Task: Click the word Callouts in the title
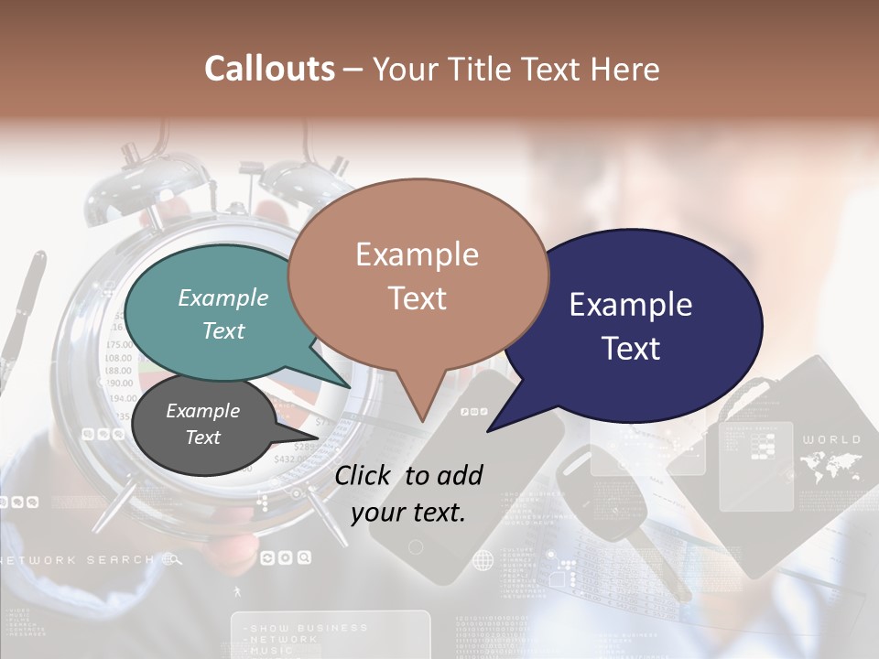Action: pyautogui.click(x=269, y=69)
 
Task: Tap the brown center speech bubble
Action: pyautogui.click(x=418, y=275)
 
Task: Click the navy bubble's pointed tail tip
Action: pyautogui.click(x=488, y=430)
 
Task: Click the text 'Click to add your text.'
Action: pyautogui.click(x=408, y=493)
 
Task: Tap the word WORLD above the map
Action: pyautogui.click(x=831, y=440)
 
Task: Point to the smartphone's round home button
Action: pyautogui.click(x=416, y=547)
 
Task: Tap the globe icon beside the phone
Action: pyautogui.click(x=483, y=560)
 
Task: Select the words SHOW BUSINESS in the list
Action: pyautogui.click(x=308, y=628)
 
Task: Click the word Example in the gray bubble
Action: pyautogui.click(x=203, y=412)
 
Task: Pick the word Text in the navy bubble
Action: pyautogui.click(x=631, y=349)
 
